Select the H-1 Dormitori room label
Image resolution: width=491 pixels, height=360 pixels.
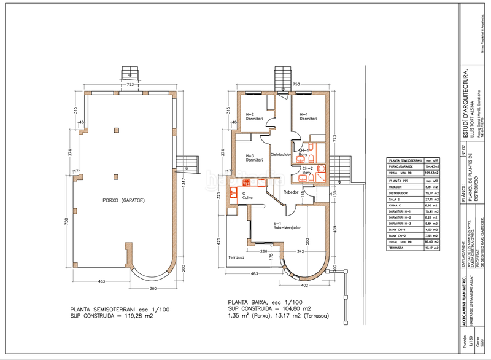pyautogui.click(x=307, y=116)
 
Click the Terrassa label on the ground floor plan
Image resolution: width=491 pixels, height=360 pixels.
pyautogui.click(x=236, y=257)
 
